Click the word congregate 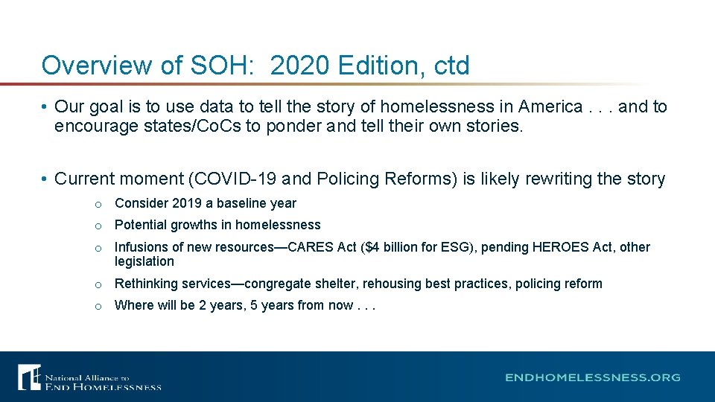tap(280, 284)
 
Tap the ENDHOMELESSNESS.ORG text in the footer tap(592, 377)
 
